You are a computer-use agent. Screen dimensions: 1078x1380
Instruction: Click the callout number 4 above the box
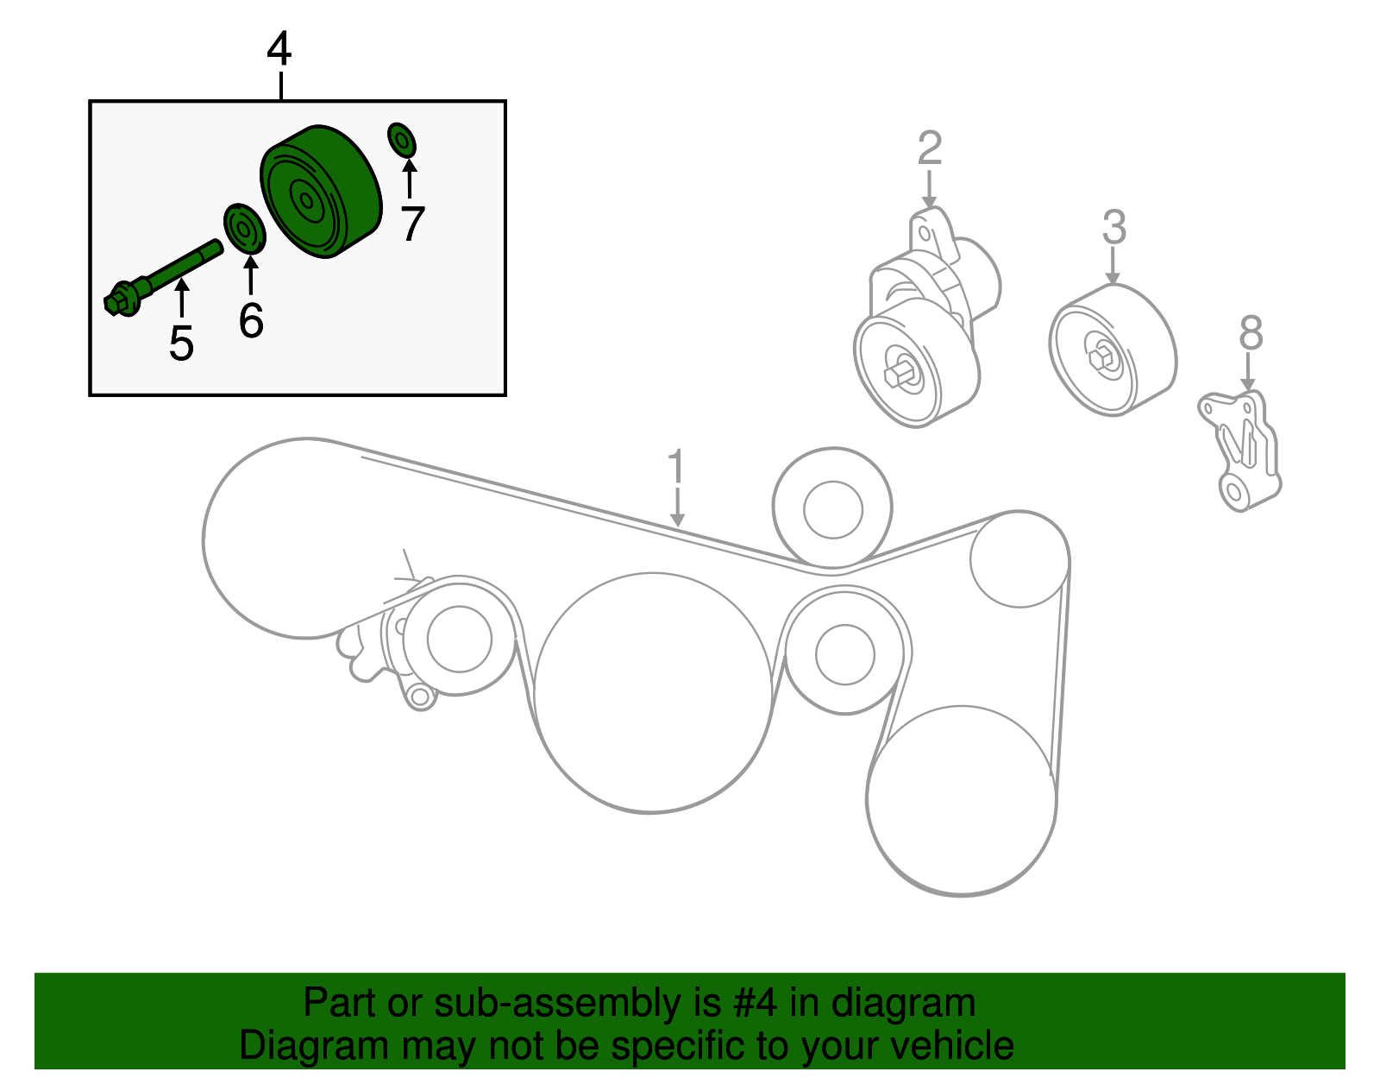click(279, 49)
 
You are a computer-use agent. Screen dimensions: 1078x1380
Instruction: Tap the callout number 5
click(181, 344)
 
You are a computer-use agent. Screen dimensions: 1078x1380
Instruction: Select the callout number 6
click(251, 321)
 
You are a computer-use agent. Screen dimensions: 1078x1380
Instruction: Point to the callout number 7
click(412, 224)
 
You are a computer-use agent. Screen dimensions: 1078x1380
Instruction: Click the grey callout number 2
click(929, 148)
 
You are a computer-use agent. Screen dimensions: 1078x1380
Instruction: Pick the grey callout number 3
click(1114, 228)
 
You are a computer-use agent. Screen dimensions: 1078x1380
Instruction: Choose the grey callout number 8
click(1251, 333)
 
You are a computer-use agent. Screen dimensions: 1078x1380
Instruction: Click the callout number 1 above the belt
click(677, 467)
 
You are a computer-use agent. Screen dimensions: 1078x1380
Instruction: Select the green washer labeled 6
click(244, 230)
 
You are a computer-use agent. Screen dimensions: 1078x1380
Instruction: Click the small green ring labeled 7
click(402, 140)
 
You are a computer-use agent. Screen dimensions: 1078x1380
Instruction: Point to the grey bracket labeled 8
click(1240, 449)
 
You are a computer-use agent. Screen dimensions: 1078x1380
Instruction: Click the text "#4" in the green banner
click(756, 1004)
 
